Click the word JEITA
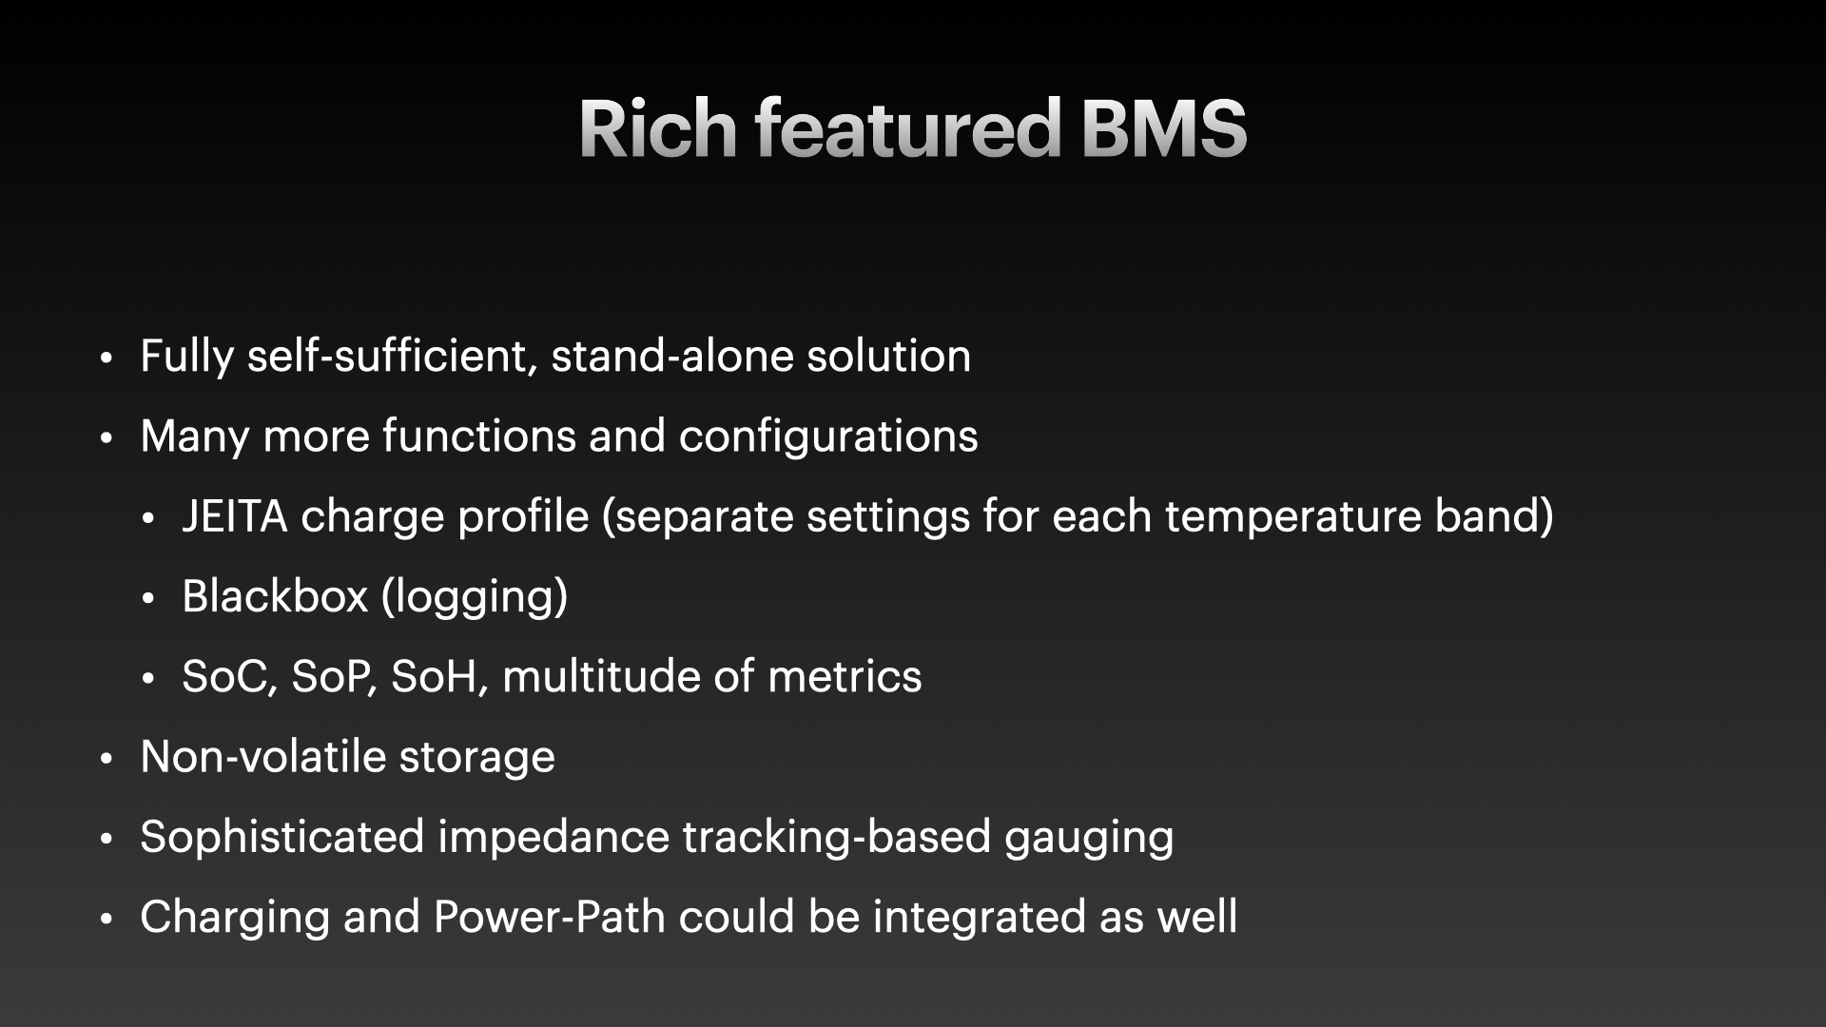(235, 516)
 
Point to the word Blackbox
(275, 596)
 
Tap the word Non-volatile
(262, 757)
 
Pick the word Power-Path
(549, 917)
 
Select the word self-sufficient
(392, 357)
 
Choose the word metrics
(845, 677)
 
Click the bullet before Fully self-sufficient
(107, 358)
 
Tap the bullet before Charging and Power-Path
(107, 920)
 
